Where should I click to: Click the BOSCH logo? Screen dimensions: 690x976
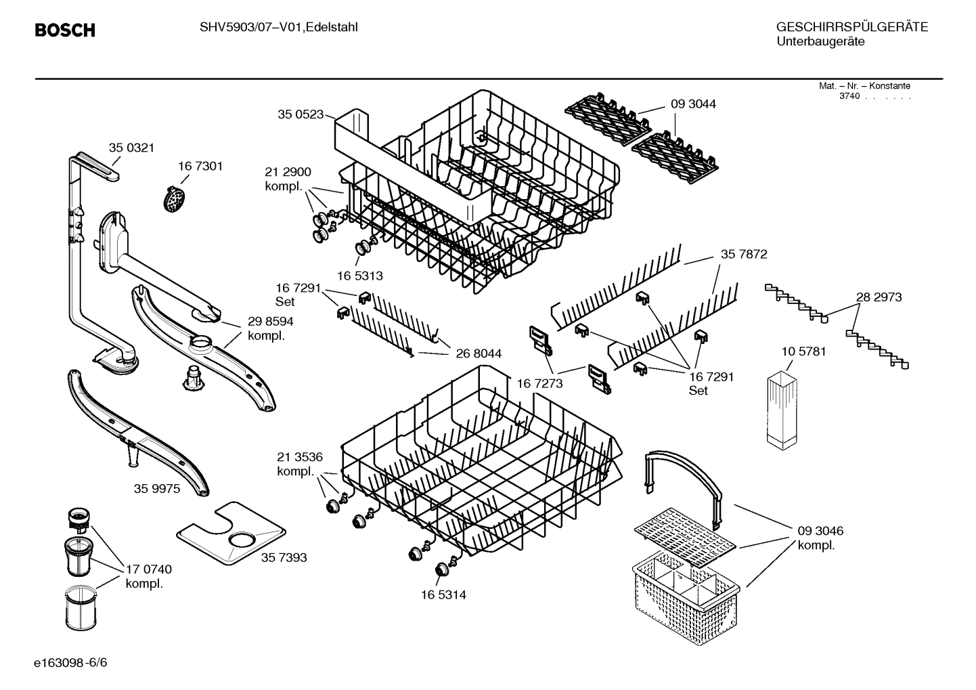[x=65, y=30]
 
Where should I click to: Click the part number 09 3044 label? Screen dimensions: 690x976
[x=693, y=104]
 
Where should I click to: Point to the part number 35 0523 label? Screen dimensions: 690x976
[x=301, y=114]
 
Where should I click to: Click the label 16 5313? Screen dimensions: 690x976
[x=360, y=276]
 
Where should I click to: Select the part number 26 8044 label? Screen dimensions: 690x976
[x=479, y=353]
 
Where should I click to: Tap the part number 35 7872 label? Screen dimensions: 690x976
[x=744, y=255]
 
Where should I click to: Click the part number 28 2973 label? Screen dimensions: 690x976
[x=879, y=297]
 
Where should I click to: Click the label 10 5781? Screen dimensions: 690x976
[x=803, y=351]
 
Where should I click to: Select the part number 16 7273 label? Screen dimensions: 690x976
[x=539, y=384]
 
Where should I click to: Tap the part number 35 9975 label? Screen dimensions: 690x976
[x=157, y=488]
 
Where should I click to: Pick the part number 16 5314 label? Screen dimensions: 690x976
[x=443, y=595]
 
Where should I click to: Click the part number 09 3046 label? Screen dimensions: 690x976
[x=820, y=531]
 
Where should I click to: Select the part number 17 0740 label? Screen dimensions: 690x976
[x=149, y=569]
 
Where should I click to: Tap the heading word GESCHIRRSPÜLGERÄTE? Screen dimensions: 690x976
[x=851, y=28]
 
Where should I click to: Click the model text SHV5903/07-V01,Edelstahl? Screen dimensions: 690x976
[x=278, y=27]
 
